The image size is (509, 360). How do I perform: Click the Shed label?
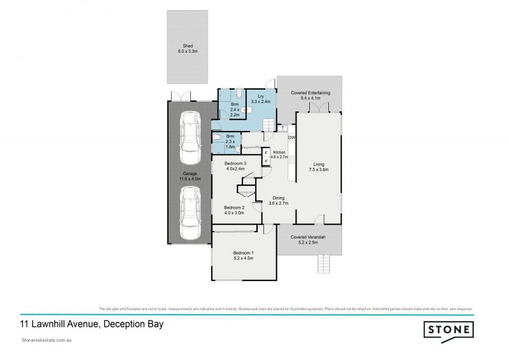click(187, 48)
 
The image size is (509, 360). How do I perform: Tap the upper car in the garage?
click(189, 138)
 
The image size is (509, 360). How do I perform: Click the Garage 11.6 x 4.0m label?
click(189, 176)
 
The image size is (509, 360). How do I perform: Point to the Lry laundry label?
click(261, 99)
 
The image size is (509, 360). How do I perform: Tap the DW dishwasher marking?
click(291, 138)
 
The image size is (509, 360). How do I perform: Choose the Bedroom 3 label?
click(235, 166)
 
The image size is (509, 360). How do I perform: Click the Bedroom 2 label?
click(235, 211)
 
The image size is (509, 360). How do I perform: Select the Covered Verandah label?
click(308, 240)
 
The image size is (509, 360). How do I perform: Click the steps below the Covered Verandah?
click(325, 263)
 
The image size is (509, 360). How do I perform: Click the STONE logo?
click(449, 329)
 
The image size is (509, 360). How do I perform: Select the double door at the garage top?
click(181, 96)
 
